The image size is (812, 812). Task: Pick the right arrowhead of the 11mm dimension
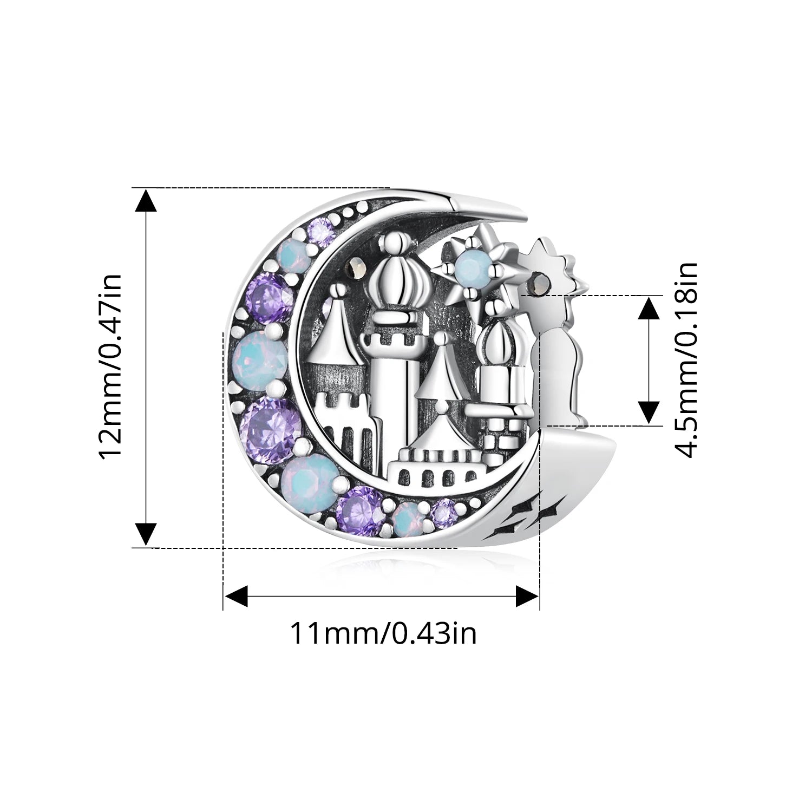tap(527, 595)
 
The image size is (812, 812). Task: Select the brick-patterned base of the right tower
tap(501, 441)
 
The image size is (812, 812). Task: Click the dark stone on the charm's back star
tap(540, 282)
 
